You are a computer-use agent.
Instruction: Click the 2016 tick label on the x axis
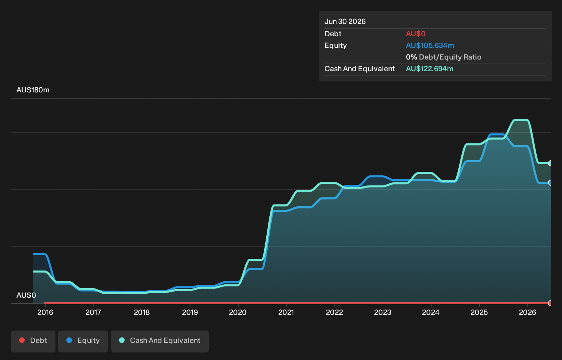click(x=45, y=312)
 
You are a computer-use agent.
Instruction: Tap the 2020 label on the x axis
click(x=238, y=312)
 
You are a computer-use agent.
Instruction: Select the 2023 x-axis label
click(x=383, y=312)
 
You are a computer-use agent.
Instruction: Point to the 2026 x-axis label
click(x=527, y=312)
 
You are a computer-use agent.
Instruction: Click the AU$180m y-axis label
click(x=33, y=90)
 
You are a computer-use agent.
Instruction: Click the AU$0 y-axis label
click(x=26, y=295)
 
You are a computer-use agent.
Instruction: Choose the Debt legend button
click(x=33, y=342)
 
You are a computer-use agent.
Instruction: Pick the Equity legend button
click(x=83, y=342)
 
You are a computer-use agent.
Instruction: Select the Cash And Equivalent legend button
click(x=160, y=342)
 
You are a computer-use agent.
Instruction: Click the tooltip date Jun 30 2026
click(x=345, y=22)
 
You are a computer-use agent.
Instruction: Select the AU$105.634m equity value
click(x=430, y=46)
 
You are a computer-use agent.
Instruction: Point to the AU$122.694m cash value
click(x=430, y=69)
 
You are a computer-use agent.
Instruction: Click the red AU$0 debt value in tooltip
click(x=416, y=34)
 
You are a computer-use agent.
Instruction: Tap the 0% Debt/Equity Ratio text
click(x=444, y=57)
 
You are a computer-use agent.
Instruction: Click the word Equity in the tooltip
click(x=335, y=46)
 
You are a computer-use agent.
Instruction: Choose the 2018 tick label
click(x=142, y=312)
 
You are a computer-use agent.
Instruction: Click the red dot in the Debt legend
click(x=22, y=340)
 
